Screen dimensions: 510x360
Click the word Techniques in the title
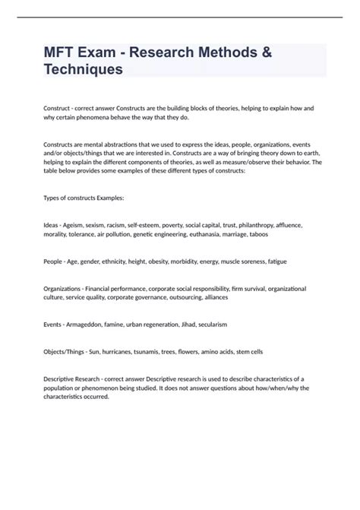[83, 69]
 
